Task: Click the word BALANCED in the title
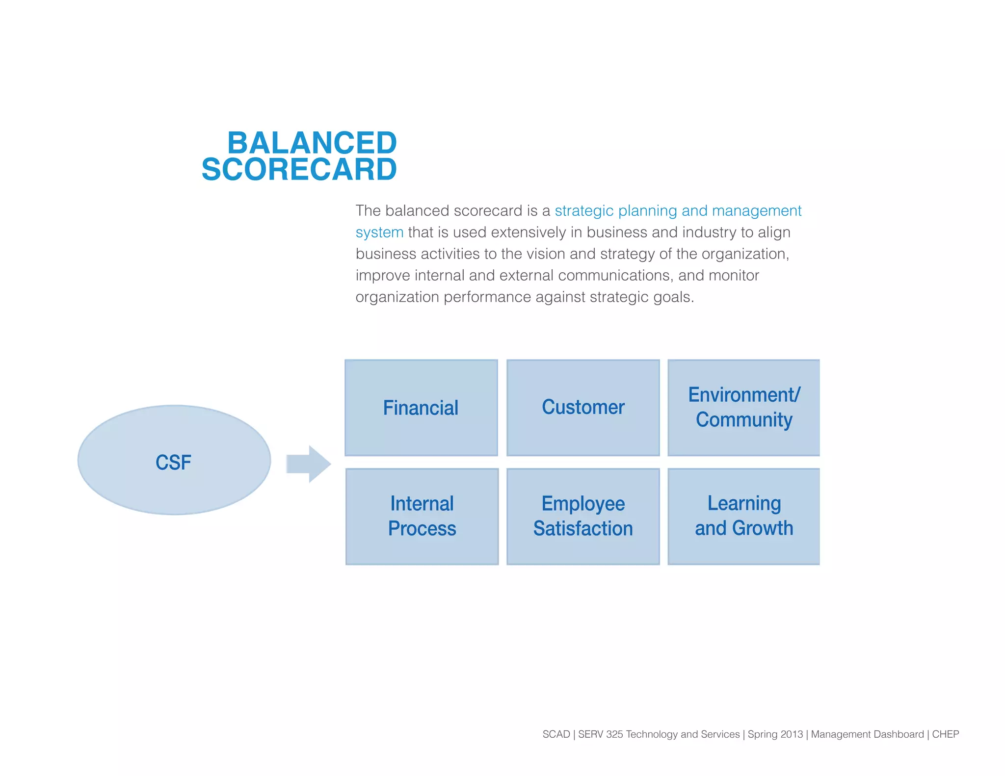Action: click(312, 143)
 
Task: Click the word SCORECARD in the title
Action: click(299, 169)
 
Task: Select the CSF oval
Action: click(174, 460)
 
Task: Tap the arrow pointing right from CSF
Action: click(309, 464)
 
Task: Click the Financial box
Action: click(421, 408)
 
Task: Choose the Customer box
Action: click(583, 407)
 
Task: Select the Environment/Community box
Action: click(743, 407)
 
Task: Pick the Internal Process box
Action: click(422, 516)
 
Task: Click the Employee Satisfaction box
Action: click(583, 516)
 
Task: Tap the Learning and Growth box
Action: click(743, 516)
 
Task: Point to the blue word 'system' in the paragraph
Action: click(379, 233)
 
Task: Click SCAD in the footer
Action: click(556, 734)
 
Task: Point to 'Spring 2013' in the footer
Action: click(775, 734)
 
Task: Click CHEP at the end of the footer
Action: click(945, 734)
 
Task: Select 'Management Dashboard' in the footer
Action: click(867, 734)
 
